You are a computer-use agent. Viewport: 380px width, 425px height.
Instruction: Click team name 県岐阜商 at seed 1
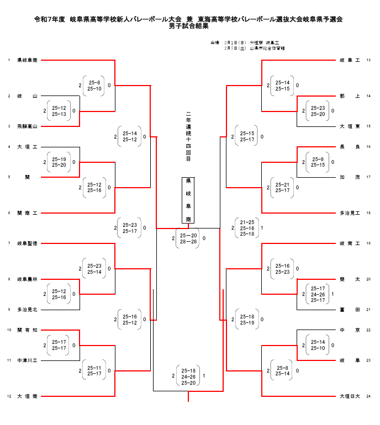[27, 60]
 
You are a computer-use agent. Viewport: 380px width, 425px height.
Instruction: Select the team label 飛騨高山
[27, 126]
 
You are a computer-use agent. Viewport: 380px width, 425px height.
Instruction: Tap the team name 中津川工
[27, 360]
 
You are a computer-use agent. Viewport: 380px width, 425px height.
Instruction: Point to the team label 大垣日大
[350, 396]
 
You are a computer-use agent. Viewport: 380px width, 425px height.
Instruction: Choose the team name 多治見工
[350, 213]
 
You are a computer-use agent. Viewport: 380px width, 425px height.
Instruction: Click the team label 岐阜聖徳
[27, 243]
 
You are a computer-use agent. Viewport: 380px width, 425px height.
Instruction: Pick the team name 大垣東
[350, 126]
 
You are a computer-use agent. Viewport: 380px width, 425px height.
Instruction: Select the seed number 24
[368, 396]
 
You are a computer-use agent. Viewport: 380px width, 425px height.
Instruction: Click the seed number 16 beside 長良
[368, 147]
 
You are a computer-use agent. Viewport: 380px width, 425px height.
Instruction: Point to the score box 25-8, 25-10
[94, 86]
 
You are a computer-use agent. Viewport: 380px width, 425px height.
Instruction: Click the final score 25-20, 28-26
[188, 238]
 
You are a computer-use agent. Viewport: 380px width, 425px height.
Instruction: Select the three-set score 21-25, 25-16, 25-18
[246, 228]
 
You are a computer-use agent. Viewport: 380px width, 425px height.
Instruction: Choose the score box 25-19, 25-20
[59, 162]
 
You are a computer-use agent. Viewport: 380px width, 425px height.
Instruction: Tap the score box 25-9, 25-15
[318, 162]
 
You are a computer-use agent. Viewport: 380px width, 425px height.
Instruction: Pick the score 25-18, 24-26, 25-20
[188, 376]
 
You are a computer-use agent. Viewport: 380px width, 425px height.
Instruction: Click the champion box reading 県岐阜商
[188, 200]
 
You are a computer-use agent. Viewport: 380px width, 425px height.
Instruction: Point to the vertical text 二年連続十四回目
[188, 139]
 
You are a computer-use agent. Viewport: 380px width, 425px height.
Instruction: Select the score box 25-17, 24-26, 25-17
[318, 294]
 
